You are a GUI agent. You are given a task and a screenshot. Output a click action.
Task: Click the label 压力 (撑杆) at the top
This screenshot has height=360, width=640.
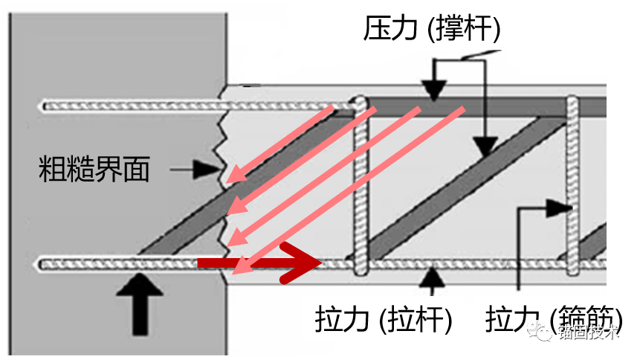coord(432,29)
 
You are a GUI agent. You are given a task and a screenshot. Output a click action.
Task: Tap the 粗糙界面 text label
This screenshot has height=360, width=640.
coord(94,170)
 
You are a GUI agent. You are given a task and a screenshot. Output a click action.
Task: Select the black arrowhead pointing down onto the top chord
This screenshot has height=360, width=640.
coord(433,90)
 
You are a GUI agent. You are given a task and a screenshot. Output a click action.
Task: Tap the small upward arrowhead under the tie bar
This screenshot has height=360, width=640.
coord(433,276)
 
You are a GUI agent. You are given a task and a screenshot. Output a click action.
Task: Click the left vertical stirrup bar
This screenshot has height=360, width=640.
coord(361,186)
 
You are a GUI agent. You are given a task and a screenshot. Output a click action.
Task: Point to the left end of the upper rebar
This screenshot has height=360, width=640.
coord(45,106)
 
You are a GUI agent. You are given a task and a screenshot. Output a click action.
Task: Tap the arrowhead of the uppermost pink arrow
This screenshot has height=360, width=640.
coord(233,176)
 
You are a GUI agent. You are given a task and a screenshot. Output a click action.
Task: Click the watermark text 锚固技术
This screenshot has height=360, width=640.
coord(588,333)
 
